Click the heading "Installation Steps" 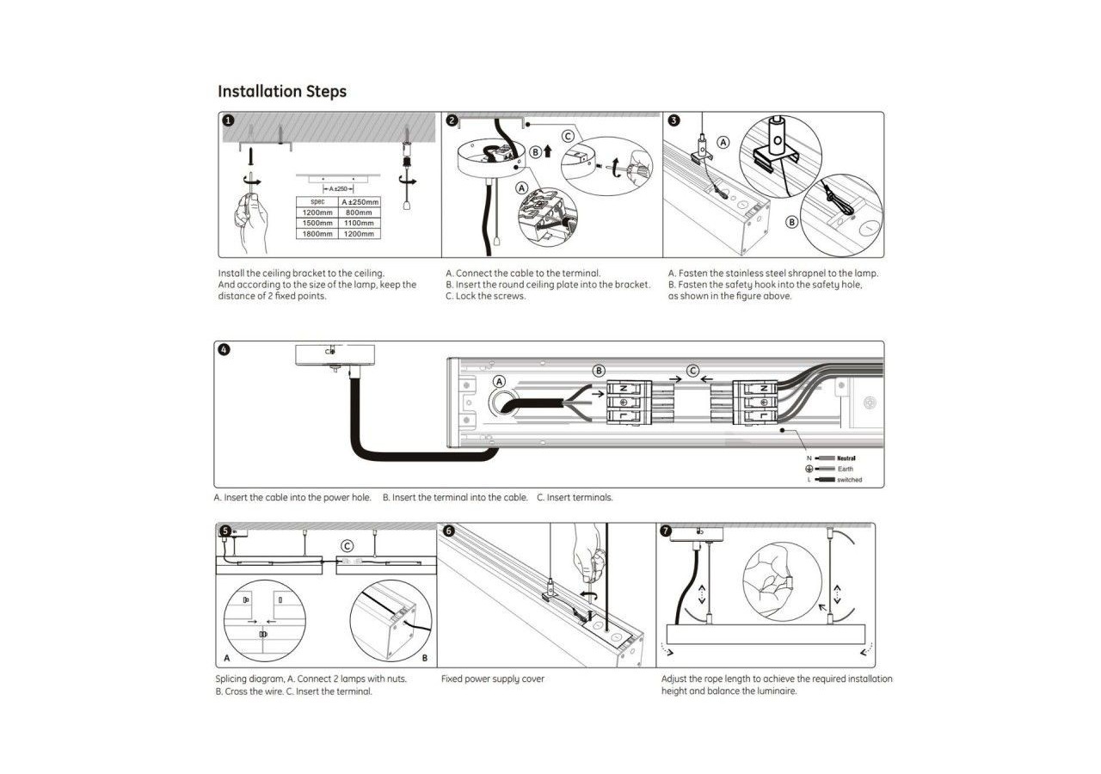click(282, 91)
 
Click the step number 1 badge click(228, 120)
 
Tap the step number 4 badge click(225, 350)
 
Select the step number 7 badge click(666, 531)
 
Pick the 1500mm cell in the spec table click(317, 223)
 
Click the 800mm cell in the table click(359, 212)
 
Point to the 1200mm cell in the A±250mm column click(359, 233)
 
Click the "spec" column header click(317, 202)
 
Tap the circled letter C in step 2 click(568, 136)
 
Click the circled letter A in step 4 click(499, 381)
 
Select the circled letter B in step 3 click(792, 221)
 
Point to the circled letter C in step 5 click(347, 545)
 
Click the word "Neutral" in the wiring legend click(846, 458)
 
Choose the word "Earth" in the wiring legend click(846, 469)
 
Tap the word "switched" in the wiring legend click(849, 479)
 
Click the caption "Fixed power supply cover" click(493, 679)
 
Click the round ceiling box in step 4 click(330, 354)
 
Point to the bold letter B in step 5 click(425, 658)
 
